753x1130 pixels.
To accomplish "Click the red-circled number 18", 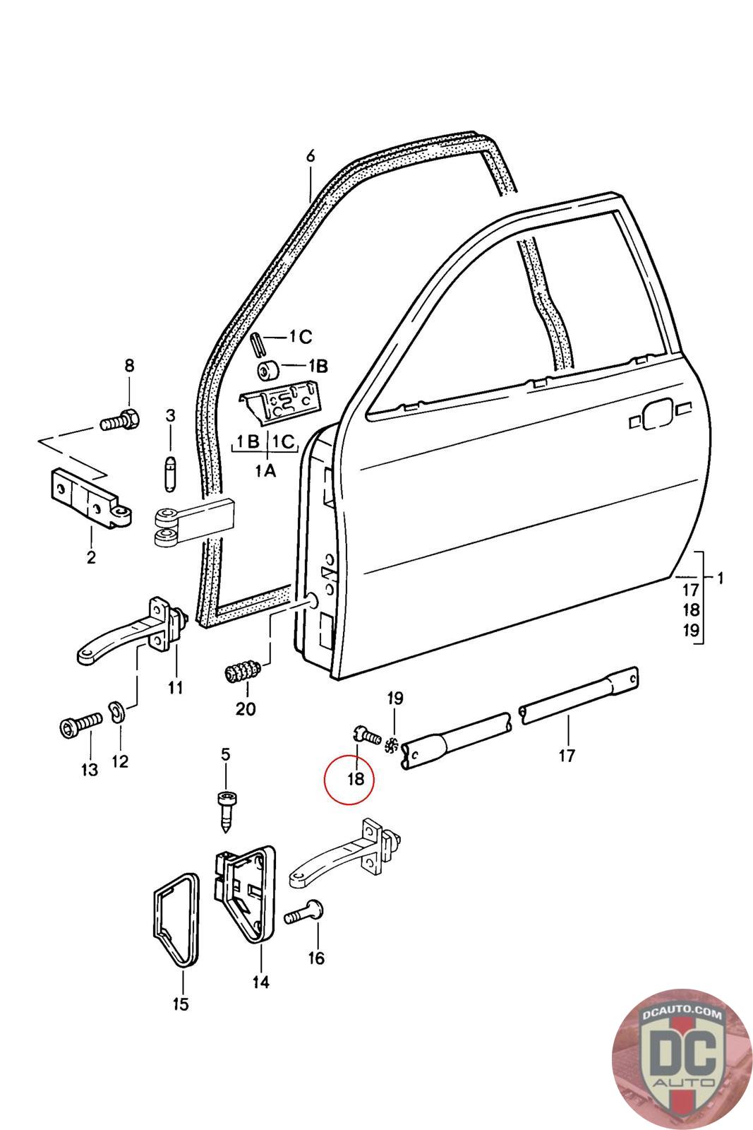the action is click(356, 779).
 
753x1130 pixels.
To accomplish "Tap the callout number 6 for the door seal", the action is click(311, 156).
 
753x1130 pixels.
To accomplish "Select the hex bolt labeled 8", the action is click(121, 420).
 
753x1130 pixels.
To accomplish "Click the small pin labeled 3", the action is click(170, 474).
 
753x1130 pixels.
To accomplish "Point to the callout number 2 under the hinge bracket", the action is click(91, 558).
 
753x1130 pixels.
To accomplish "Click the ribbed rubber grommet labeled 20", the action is click(242, 672).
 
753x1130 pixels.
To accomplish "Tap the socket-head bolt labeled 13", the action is click(80, 727).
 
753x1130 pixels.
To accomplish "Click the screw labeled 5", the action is click(227, 813).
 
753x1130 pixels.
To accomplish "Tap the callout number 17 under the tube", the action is click(567, 755).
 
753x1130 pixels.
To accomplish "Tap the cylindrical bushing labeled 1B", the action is click(269, 371).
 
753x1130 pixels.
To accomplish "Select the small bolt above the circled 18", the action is click(367, 735).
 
